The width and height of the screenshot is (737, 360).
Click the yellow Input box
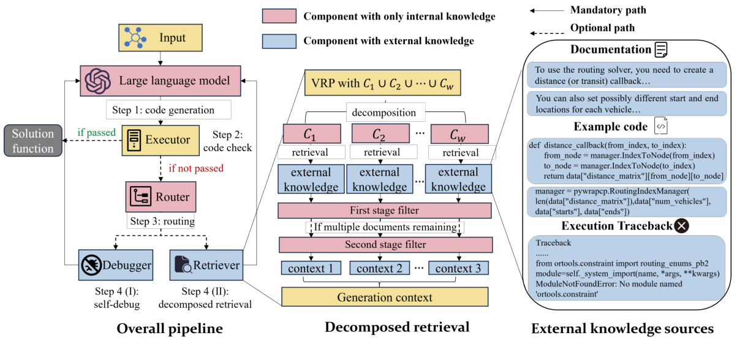coord(160,38)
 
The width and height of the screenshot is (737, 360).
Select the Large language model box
coord(160,80)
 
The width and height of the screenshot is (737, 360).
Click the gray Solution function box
coord(33,140)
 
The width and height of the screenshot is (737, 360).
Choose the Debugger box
coord(115,265)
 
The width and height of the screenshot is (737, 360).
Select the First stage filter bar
coord(384,211)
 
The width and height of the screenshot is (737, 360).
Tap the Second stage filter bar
coord(384,245)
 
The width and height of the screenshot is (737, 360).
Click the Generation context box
coord(384,297)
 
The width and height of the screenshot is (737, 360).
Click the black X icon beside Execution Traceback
coord(681,226)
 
